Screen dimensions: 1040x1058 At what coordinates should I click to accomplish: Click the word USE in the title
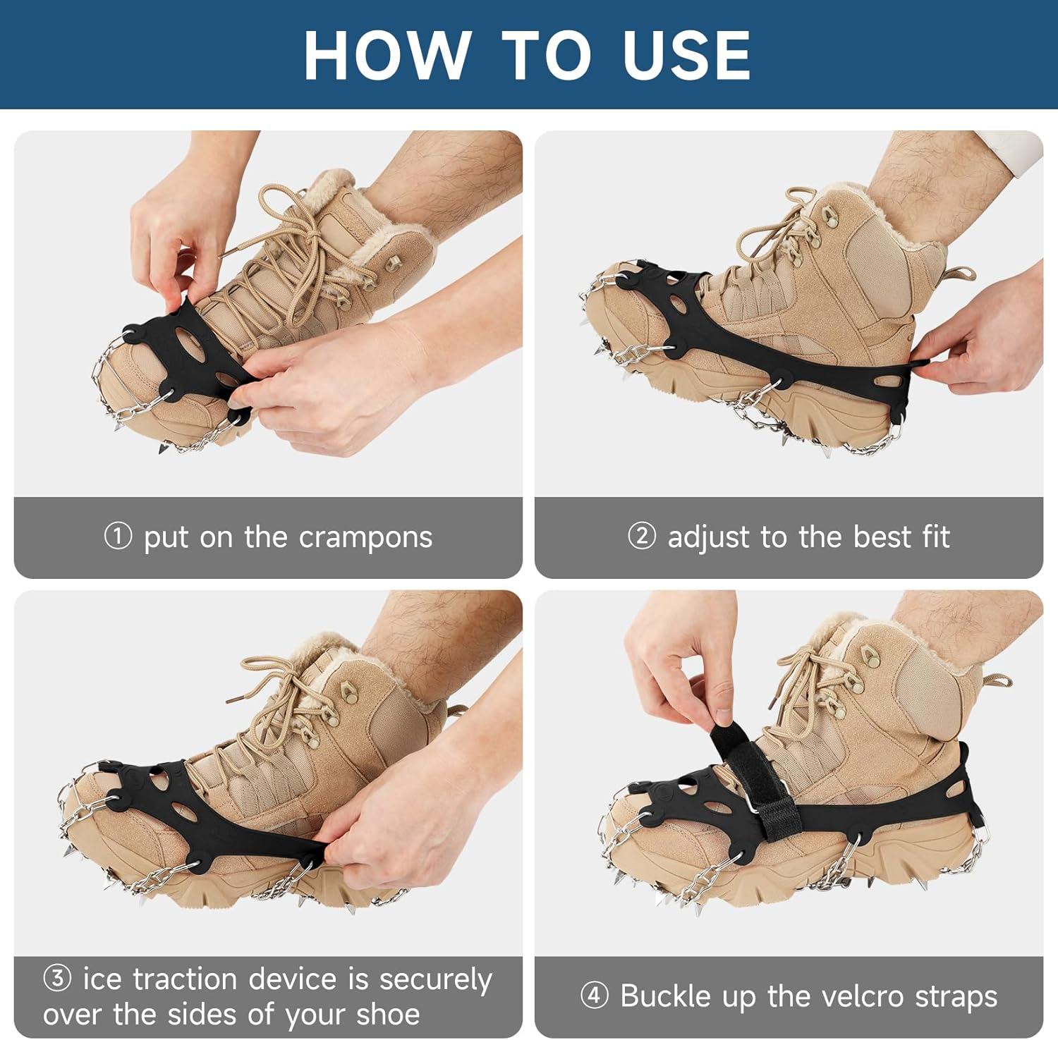pyautogui.click(x=686, y=56)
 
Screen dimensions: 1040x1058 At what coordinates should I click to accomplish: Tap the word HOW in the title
pyautogui.click(x=388, y=56)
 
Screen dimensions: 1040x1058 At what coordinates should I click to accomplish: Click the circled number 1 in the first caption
pyautogui.click(x=118, y=536)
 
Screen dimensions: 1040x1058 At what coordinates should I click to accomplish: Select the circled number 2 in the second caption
pyautogui.click(x=641, y=536)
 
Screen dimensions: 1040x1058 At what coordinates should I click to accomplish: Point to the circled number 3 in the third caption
pyautogui.click(x=57, y=978)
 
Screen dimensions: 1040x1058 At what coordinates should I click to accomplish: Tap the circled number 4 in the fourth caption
pyautogui.click(x=594, y=996)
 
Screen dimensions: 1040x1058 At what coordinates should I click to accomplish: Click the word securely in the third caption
pyautogui.click(x=435, y=980)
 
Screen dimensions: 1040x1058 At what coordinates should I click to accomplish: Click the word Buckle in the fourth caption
pyautogui.click(x=665, y=996)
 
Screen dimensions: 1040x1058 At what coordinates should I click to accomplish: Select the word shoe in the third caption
pyautogui.click(x=388, y=1015)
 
